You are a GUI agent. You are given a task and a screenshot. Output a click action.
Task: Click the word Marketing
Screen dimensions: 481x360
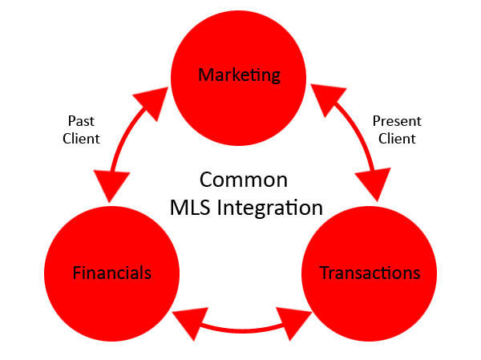pos(239,75)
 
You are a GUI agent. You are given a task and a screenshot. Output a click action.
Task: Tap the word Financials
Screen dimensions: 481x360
pos(112,273)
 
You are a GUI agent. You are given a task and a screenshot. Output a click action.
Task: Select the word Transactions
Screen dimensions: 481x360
pos(370,273)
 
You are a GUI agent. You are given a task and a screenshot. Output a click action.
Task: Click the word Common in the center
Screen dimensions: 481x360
pos(244,180)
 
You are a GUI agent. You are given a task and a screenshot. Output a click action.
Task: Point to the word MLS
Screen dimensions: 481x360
pos(190,208)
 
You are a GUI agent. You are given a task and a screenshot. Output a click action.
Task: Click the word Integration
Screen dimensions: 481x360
pos(269,208)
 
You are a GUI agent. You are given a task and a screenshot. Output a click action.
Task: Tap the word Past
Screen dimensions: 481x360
pos(81,120)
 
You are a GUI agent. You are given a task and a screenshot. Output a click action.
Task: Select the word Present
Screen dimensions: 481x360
pos(397,121)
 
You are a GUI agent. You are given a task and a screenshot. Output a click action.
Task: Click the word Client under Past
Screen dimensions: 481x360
pos(81,139)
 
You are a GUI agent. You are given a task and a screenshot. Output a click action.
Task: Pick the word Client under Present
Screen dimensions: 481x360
pos(397,139)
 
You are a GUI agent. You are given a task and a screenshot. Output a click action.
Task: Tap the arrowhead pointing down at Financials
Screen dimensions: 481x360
pos(111,185)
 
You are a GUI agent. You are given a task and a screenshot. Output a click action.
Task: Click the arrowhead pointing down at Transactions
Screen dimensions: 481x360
pos(374,184)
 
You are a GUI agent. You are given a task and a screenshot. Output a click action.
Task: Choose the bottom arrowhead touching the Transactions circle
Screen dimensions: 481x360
pos(292,323)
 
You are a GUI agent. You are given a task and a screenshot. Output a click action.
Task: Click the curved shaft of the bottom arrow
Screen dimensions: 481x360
pos(242,330)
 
